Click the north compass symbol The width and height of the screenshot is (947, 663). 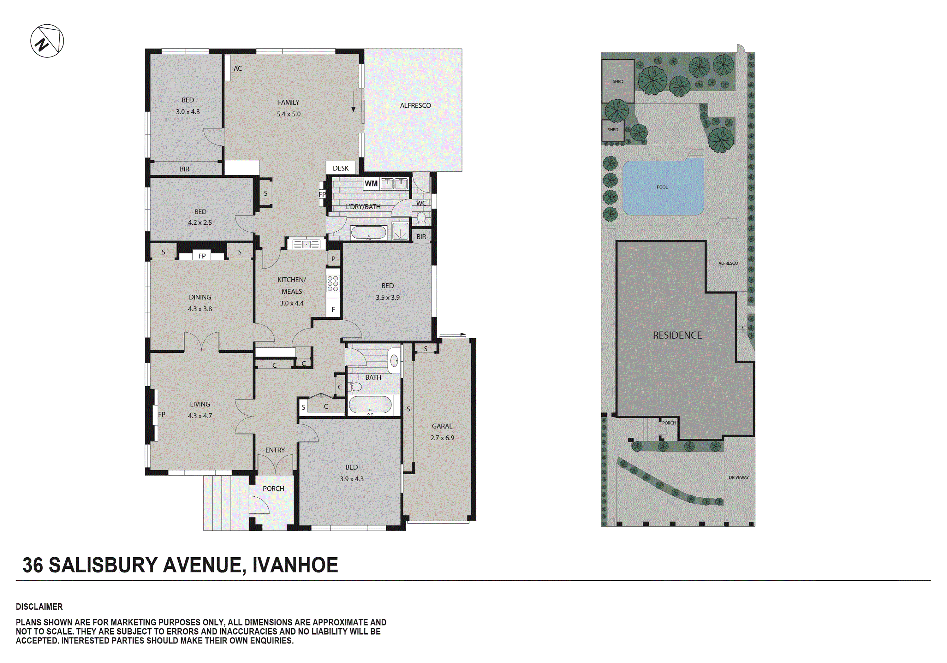[47, 41]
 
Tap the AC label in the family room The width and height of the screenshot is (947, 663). [238, 68]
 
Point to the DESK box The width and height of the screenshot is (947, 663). [340, 168]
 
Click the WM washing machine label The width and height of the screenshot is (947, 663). [371, 183]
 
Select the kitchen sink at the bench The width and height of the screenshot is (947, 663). [306, 245]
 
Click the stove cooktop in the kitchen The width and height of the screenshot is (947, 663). [333, 284]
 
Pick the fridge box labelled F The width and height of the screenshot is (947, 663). [333, 309]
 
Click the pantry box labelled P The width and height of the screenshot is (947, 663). [333, 259]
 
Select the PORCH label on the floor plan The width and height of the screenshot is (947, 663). [273, 488]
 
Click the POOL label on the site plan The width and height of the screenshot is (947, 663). [662, 187]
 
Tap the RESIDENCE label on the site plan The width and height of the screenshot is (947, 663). [677, 335]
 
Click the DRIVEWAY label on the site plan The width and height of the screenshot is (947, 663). [738, 477]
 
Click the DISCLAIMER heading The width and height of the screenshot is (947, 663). [39, 607]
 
